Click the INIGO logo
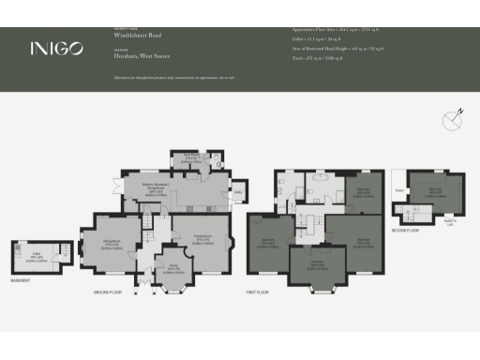(55, 48)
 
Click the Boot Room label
(190, 160)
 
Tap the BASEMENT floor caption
(22, 280)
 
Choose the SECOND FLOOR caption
(406, 230)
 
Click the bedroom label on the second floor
(431, 192)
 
